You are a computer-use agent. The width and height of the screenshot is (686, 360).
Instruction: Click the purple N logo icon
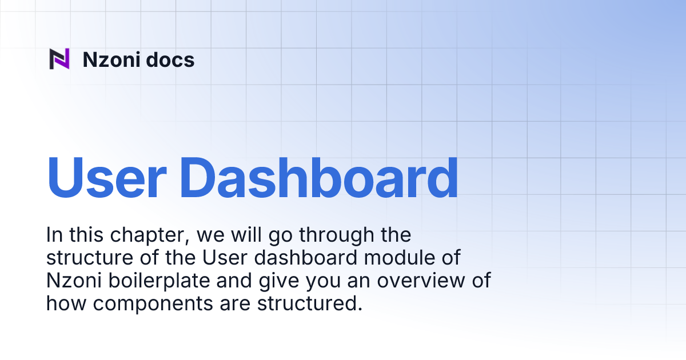click(59, 59)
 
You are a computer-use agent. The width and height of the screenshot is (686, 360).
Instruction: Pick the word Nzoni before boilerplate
click(71, 281)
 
